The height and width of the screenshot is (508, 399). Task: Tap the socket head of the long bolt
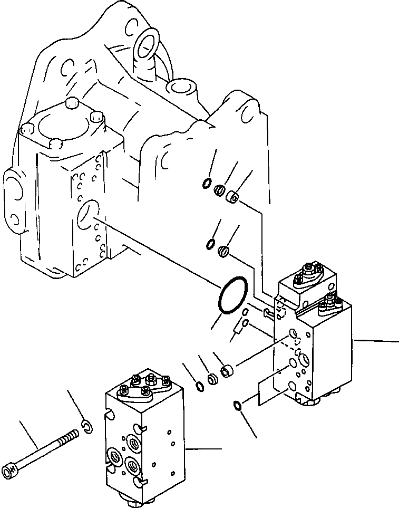[x=12, y=467]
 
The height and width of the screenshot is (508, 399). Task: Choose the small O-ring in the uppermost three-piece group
[x=207, y=184]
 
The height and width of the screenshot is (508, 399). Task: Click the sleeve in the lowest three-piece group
[x=227, y=371]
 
